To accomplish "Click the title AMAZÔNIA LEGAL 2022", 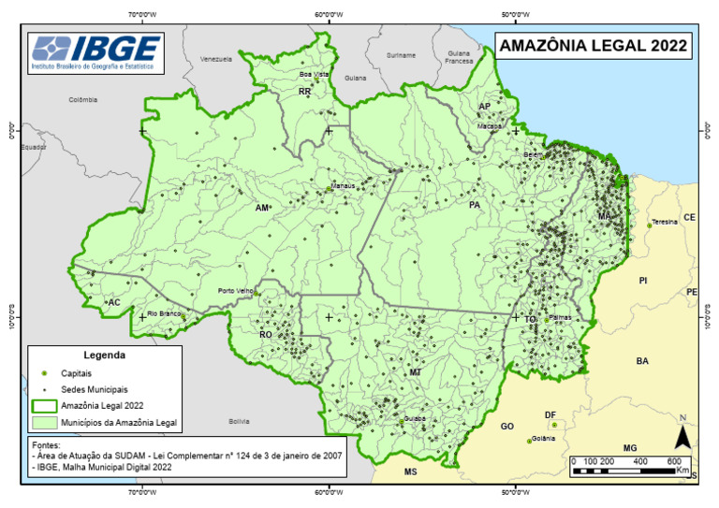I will point(593,45).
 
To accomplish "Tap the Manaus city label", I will point(343,186).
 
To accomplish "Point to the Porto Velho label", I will point(236,291).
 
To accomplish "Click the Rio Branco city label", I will point(164,313).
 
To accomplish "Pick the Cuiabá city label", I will point(415,418).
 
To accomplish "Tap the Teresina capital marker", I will point(650,225).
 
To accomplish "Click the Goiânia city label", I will point(544,438).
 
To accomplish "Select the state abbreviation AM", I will point(262,207).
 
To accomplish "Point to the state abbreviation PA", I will point(475,205).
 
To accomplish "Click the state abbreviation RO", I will point(265,334).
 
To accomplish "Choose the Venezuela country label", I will point(215,59).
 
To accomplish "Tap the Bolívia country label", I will point(240,421).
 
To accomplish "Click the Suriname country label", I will point(401,55).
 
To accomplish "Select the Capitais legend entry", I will point(76,373).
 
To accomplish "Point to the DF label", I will point(550,414).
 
